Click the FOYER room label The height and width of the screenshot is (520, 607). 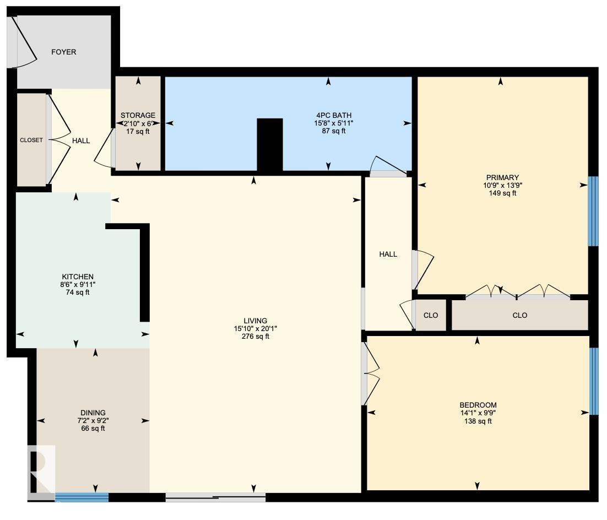(x=63, y=52)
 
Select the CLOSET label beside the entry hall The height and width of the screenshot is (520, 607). (x=31, y=140)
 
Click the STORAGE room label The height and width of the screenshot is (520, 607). (x=138, y=116)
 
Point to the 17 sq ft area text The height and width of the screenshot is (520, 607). (x=138, y=132)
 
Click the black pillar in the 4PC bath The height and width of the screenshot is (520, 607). (x=270, y=144)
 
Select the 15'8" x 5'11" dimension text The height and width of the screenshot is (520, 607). (x=329, y=123)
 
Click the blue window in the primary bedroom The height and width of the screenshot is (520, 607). (x=593, y=211)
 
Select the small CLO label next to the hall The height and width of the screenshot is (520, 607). (x=430, y=316)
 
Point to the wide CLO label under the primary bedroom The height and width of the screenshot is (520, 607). (x=519, y=316)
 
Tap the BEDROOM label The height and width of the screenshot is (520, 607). (x=478, y=404)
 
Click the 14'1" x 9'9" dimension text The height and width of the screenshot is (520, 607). (x=478, y=413)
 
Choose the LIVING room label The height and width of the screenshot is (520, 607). (x=255, y=321)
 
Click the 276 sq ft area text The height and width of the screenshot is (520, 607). (x=255, y=337)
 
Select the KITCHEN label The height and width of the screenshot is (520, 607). (x=77, y=277)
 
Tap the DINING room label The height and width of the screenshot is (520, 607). (x=93, y=413)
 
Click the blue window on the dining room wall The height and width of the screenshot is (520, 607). (x=82, y=497)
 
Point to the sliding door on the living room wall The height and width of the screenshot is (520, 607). (x=215, y=497)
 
